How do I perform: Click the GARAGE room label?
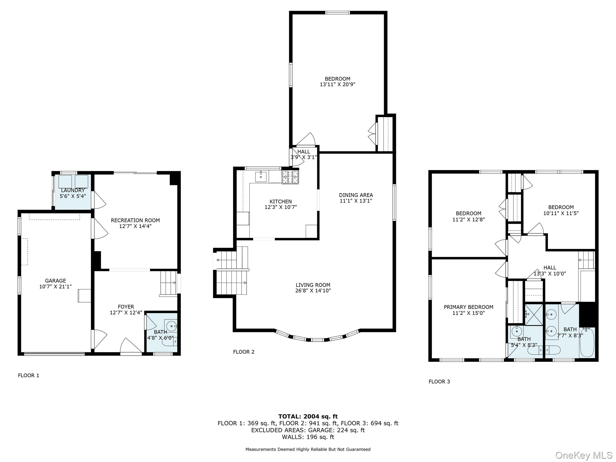point(55,281)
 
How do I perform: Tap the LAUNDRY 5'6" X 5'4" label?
point(73,193)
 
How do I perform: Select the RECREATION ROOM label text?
point(135,220)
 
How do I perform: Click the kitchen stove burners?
point(290,177)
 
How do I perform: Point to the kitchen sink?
point(261,177)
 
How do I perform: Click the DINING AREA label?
point(356,195)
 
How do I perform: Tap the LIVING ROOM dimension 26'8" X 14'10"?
point(313,291)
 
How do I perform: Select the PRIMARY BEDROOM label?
point(468,307)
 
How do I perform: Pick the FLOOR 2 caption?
point(244,352)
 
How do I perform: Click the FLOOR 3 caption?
point(439,381)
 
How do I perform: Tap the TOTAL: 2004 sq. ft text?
point(308,416)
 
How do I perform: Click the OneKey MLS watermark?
point(584,455)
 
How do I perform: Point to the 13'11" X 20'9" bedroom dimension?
point(337,85)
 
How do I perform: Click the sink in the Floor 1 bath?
point(171,325)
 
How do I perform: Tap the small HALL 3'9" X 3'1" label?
point(303,154)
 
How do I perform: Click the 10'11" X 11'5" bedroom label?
point(561,213)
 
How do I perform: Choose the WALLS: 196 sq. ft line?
point(308,437)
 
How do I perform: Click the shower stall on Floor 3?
point(534,315)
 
